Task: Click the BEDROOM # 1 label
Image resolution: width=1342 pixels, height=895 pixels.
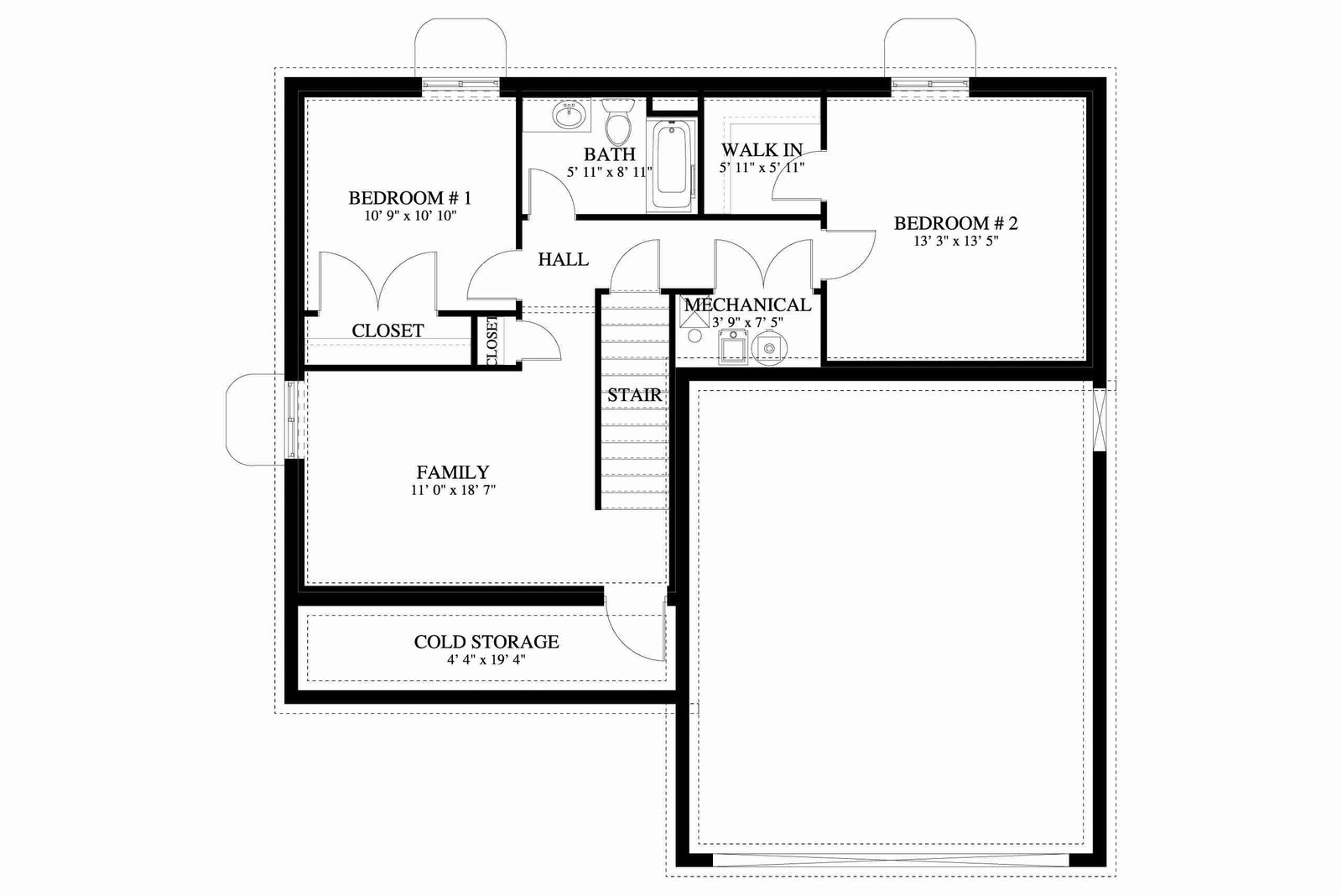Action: coord(410,198)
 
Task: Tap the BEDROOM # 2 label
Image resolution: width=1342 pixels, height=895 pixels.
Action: coord(955,223)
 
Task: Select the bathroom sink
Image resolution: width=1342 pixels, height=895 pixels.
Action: coord(569,114)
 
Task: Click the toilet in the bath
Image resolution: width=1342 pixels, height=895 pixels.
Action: coord(617,119)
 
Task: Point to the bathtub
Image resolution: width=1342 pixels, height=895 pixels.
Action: coord(672,165)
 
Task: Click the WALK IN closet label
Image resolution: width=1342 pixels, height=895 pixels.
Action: coord(762,150)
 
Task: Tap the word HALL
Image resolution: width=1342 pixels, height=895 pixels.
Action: coord(563,259)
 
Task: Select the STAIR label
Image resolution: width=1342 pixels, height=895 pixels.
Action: coord(634,395)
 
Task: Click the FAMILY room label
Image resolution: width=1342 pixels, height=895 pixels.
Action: coord(453,472)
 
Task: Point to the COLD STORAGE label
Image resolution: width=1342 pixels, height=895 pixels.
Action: coord(486,642)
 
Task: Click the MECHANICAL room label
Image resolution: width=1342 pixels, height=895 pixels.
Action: coord(747,305)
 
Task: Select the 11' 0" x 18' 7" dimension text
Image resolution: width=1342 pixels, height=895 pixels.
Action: coord(453,490)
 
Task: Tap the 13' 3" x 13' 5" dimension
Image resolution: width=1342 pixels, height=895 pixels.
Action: coord(956,242)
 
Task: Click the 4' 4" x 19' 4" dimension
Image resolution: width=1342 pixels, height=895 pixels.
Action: coord(486,659)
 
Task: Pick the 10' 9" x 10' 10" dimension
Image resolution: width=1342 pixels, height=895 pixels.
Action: coord(410,216)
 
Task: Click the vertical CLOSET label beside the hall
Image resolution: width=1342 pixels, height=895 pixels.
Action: coord(492,341)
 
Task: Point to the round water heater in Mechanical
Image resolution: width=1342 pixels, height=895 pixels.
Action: coord(769,348)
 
